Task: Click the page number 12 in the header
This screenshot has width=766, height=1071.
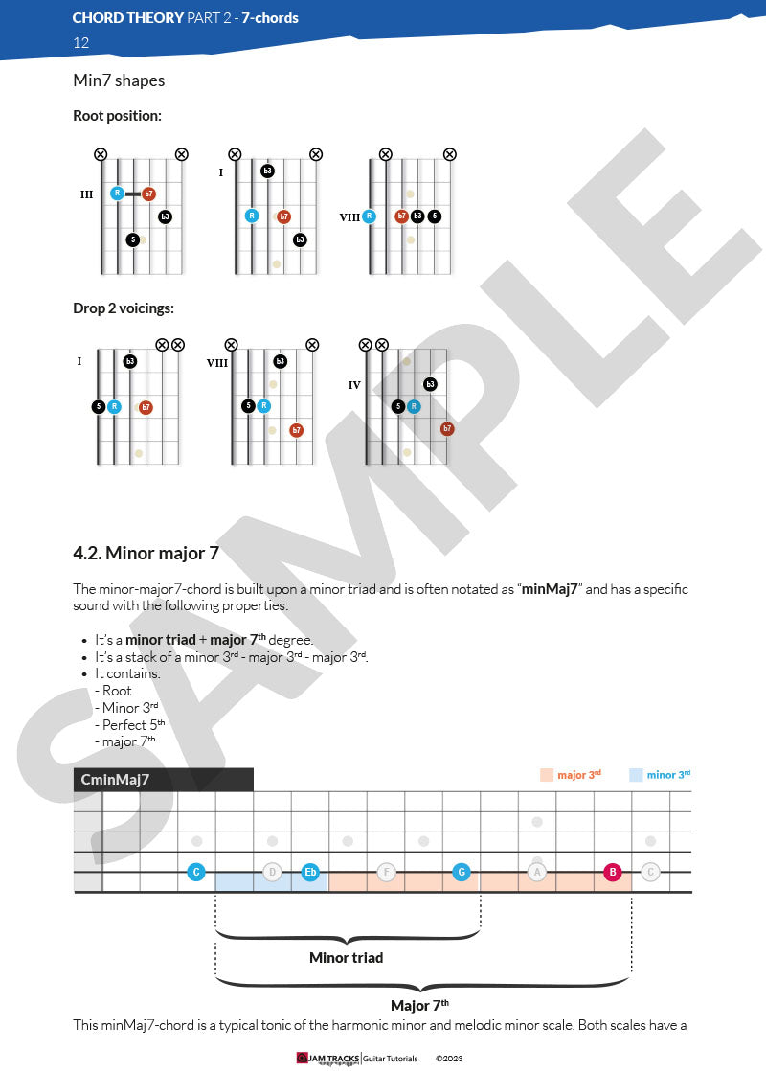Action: coord(81,43)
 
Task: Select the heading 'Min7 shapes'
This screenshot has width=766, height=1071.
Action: coord(119,80)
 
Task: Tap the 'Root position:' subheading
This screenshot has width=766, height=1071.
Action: coord(117,116)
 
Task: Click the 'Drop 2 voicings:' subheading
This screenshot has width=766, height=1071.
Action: coord(123,308)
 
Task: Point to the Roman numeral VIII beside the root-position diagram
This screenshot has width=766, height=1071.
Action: coord(349,217)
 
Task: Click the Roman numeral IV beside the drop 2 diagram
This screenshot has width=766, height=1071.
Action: coord(354,385)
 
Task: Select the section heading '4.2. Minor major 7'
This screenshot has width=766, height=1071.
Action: coord(152,553)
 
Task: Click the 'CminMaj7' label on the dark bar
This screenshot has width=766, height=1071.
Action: coord(115,780)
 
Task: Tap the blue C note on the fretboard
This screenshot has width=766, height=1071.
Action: coord(196,872)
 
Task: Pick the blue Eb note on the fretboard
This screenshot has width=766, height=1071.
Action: coord(310,872)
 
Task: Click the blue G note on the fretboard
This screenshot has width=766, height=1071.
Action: coord(462,872)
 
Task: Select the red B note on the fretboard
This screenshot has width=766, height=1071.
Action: coord(613,872)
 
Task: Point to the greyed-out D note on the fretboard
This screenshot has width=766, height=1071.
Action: coord(272,872)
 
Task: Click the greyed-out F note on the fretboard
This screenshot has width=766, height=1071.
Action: coord(386,872)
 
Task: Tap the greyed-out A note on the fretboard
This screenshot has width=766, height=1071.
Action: coord(537,872)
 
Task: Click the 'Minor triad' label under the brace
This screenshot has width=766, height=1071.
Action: coord(347,957)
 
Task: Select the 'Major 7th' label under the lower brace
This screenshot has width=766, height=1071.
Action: coord(419,1005)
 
